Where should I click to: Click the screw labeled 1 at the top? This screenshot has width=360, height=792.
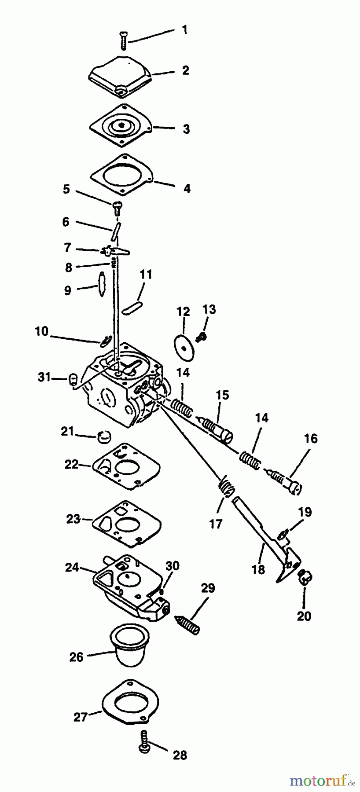point(123,43)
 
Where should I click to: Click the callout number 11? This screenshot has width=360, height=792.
point(146,275)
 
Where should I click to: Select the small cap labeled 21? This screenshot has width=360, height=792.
point(104,436)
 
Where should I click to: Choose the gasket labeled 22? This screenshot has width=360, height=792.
point(126,467)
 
